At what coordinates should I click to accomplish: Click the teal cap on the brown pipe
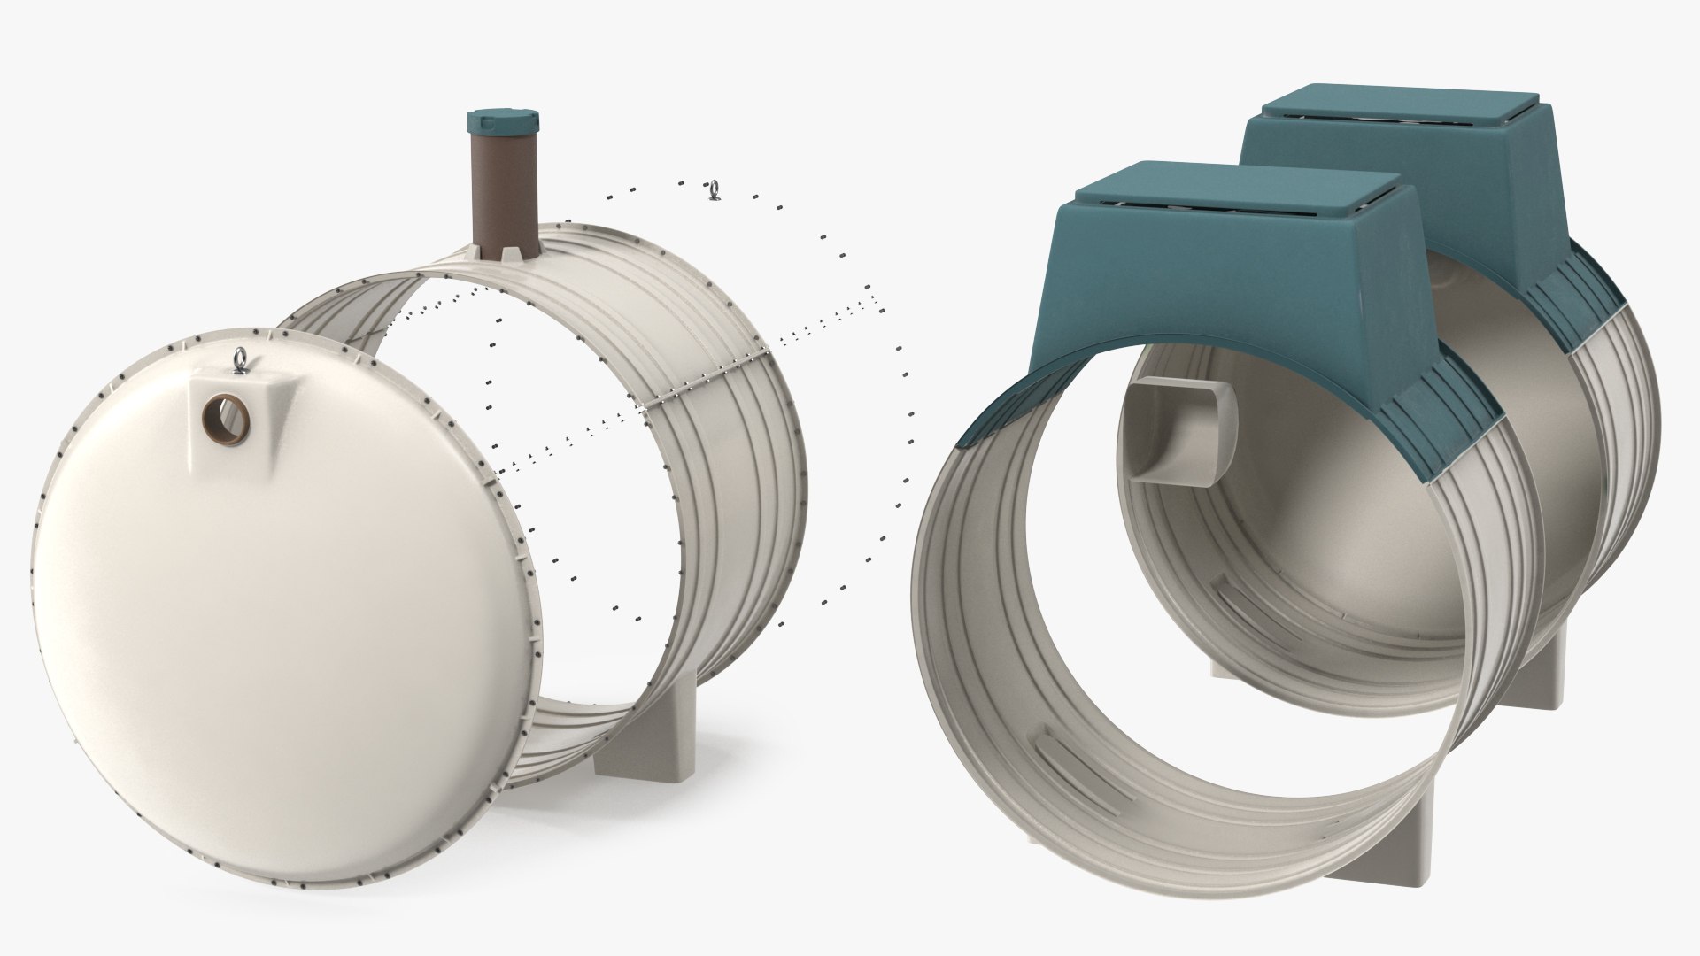(x=501, y=121)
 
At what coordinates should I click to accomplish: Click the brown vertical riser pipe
(x=501, y=186)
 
